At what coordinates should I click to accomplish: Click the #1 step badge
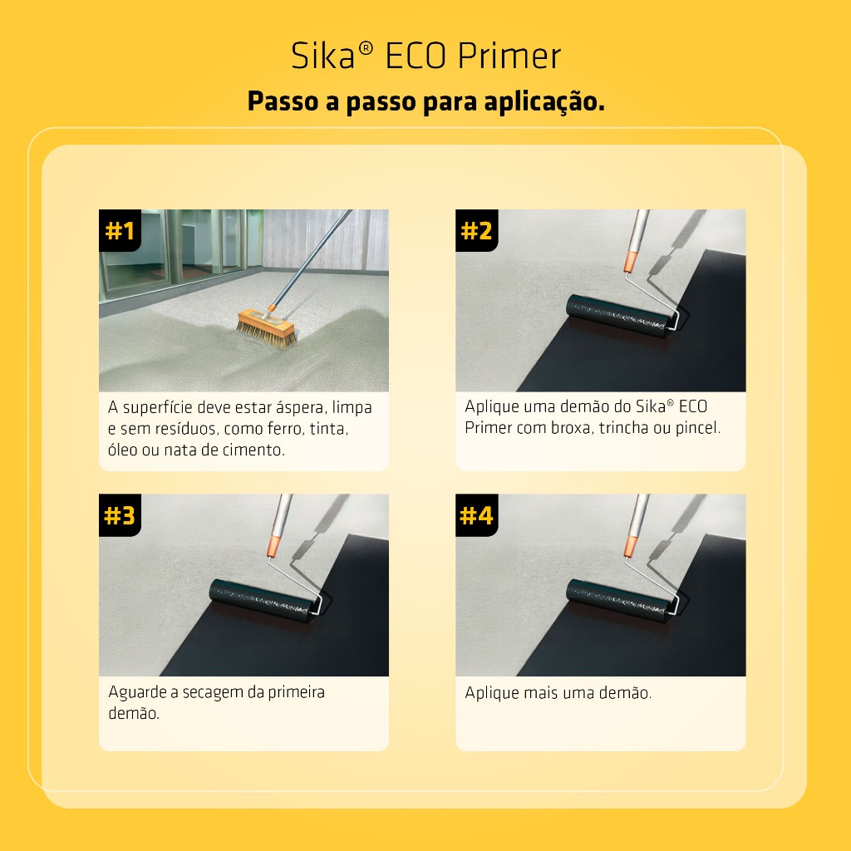120,231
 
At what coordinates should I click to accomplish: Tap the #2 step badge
476,231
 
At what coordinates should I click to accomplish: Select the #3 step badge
120,515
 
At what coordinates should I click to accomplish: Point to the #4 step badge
476,515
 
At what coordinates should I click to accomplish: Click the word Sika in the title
323,56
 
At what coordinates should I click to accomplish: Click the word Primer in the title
509,56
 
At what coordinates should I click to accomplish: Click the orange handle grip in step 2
630,261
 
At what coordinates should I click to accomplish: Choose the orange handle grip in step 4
631,546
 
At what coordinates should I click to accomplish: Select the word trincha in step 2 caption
622,428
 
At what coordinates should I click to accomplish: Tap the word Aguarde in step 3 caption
137,692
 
